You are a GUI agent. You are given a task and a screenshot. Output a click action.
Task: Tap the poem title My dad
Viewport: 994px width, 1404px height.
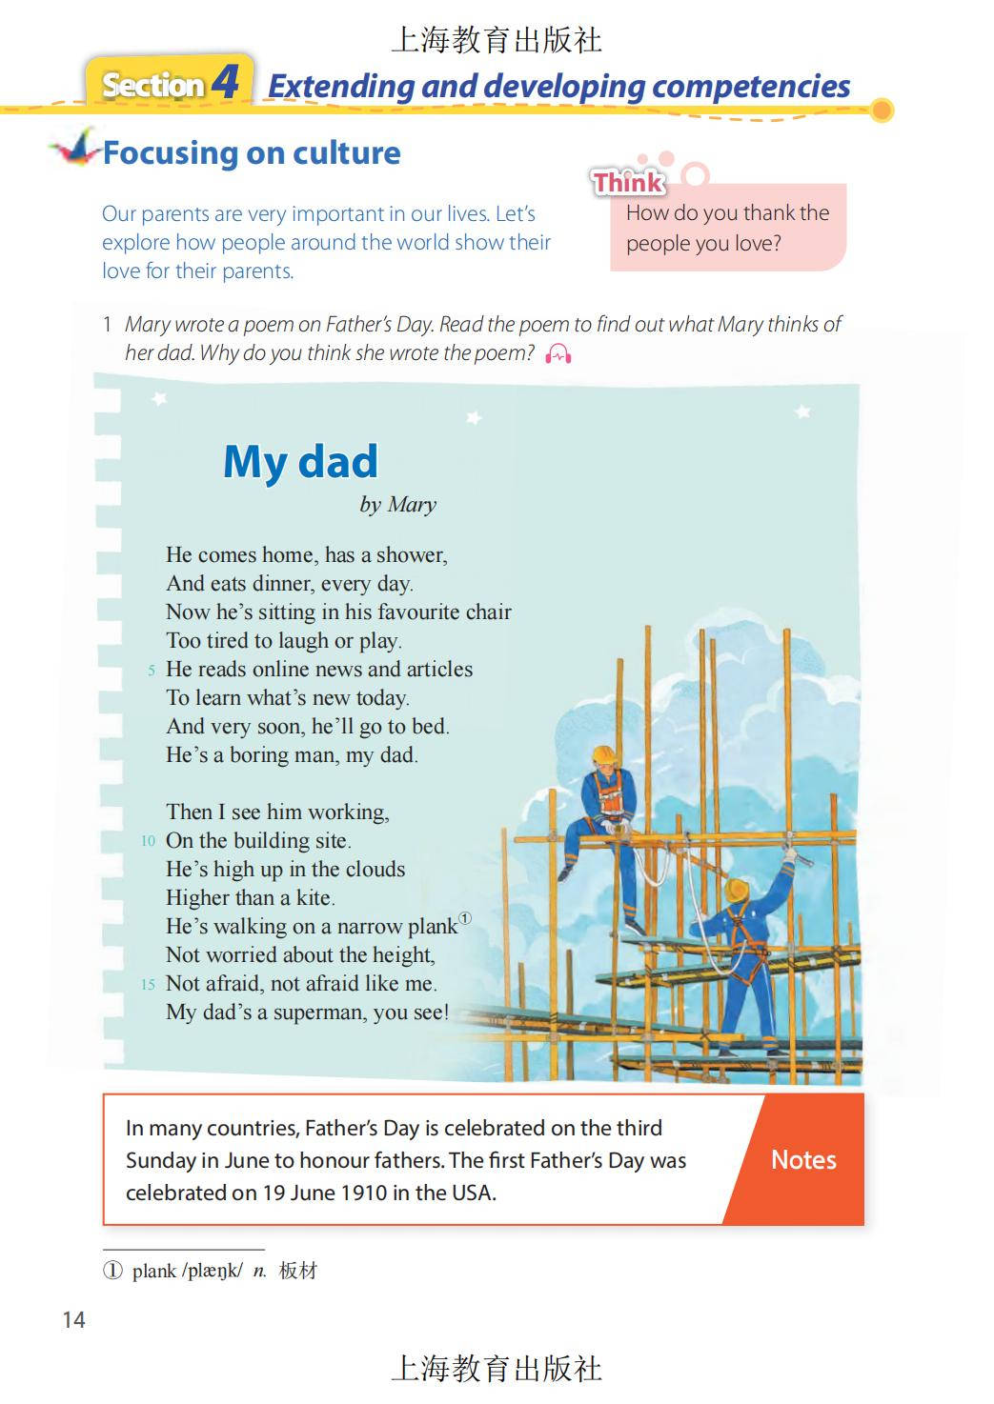[300, 462]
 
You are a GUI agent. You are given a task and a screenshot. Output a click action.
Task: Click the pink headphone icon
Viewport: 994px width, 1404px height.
[558, 354]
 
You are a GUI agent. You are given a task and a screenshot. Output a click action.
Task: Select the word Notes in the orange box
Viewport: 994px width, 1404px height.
[803, 1159]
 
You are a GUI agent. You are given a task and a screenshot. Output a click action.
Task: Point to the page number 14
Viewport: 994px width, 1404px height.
[73, 1319]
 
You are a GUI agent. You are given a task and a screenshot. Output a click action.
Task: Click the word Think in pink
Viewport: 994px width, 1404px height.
[628, 182]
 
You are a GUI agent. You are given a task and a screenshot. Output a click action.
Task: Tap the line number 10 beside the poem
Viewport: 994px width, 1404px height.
[148, 840]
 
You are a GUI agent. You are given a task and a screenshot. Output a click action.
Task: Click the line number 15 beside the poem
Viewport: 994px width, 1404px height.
[148, 984]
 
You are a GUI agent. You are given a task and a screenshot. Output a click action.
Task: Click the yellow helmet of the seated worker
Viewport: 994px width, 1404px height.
[602, 754]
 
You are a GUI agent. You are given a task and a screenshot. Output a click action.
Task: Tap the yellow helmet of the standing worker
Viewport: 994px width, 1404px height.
[736, 891]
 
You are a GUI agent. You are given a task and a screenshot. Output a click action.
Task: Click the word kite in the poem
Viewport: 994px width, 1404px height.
[313, 897]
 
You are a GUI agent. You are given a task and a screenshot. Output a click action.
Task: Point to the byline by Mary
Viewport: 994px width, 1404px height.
[397, 505]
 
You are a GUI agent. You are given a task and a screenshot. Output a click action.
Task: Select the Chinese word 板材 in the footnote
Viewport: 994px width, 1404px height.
[297, 1271]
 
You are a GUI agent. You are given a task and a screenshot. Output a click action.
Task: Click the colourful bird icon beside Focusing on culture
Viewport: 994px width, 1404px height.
[76, 149]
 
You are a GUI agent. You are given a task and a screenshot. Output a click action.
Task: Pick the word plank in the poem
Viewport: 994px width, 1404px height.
[432, 926]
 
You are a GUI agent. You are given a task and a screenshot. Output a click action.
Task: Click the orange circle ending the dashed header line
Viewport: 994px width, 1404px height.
[882, 110]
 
